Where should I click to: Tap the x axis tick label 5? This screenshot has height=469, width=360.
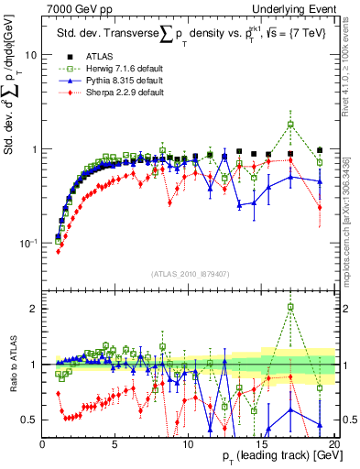(x=115, y=446)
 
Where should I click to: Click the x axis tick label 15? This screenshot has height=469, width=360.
(x=261, y=446)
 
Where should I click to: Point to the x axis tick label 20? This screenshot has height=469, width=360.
(x=333, y=446)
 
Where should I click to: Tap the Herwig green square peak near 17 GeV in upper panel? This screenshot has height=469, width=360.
(x=290, y=124)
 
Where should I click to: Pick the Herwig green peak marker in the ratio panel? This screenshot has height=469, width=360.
(x=290, y=307)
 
